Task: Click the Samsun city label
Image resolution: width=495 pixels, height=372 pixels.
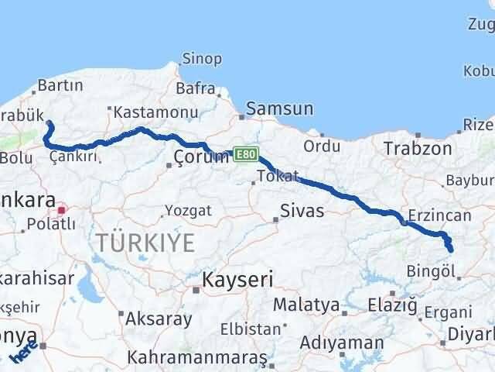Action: tap(281, 109)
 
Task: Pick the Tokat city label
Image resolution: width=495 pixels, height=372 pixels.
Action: tap(278, 177)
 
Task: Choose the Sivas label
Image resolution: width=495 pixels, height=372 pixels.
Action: tap(302, 211)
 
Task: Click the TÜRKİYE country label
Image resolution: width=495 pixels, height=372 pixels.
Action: tap(146, 243)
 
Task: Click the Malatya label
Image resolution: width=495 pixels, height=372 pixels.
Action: tap(306, 305)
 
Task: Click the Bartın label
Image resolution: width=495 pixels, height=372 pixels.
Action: tap(54, 84)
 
